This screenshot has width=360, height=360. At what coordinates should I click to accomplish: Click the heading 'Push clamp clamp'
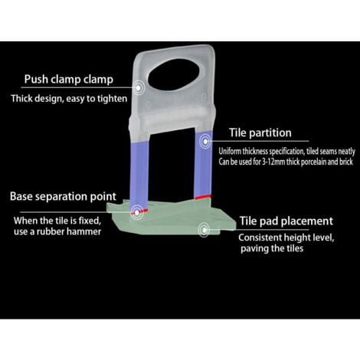[69, 80]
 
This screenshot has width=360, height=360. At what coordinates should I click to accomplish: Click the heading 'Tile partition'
[260, 133]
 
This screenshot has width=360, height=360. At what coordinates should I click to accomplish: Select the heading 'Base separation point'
[63, 197]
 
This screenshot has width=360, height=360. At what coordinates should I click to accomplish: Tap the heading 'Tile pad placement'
[286, 221]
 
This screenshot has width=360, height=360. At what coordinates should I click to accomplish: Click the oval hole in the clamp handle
[174, 75]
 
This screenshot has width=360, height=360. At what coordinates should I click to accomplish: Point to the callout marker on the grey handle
[138, 88]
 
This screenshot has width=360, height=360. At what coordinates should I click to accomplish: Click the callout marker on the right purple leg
[205, 141]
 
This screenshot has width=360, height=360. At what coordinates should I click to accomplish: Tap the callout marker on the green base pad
[204, 231]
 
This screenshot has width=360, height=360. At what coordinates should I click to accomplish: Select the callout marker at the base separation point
[137, 212]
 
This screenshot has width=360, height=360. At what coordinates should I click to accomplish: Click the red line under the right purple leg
[203, 197]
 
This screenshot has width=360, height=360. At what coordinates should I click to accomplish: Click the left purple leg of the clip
[139, 175]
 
